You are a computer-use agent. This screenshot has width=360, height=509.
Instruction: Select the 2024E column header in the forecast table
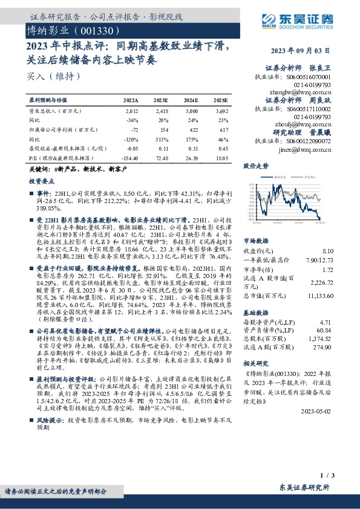point(191,100)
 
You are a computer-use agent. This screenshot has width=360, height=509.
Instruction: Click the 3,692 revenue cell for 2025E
point(222,112)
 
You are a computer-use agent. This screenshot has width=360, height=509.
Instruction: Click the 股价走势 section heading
point(255,165)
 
